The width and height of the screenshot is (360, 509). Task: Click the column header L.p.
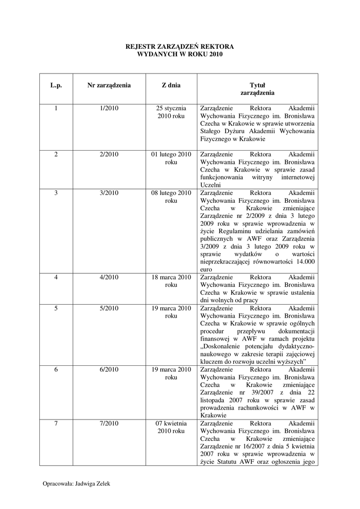pyautogui.click(x=56, y=85)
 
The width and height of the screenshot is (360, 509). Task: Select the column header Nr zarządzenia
pyautogui.click(x=109, y=85)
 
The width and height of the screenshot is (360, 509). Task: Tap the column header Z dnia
pyautogui.click(x=171, y=85)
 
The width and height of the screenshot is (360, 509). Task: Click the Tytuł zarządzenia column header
pyautogui.click(x=257, y=89)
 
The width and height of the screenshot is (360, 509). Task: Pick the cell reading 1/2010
pyautogui.click(x=109, y=108)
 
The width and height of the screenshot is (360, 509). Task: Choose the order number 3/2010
pyautogui.click(x=109, y=193)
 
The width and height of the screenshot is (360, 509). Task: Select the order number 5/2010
pyautogui.click(x=109, y=308)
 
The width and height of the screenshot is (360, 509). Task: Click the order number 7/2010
pyautogui.click(x=109, y=423)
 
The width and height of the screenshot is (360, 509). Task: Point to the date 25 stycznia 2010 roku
pyautogui.click(x=171, y=112)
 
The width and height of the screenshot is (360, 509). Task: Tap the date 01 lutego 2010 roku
pyautogui.click(x=171, y=158)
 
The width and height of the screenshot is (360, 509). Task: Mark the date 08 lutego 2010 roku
pyautogui.click(x=171, y=197)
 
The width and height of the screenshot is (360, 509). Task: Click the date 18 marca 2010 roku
pyautogui.click(x=171, y=281)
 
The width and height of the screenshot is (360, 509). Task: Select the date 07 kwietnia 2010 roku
pyautogui.click(x=171, y=427)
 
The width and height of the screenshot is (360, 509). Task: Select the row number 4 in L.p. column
pyautogui.click(x=56, y=277)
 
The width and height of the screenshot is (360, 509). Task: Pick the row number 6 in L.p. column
pyautogui.click(x=56, y=369)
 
